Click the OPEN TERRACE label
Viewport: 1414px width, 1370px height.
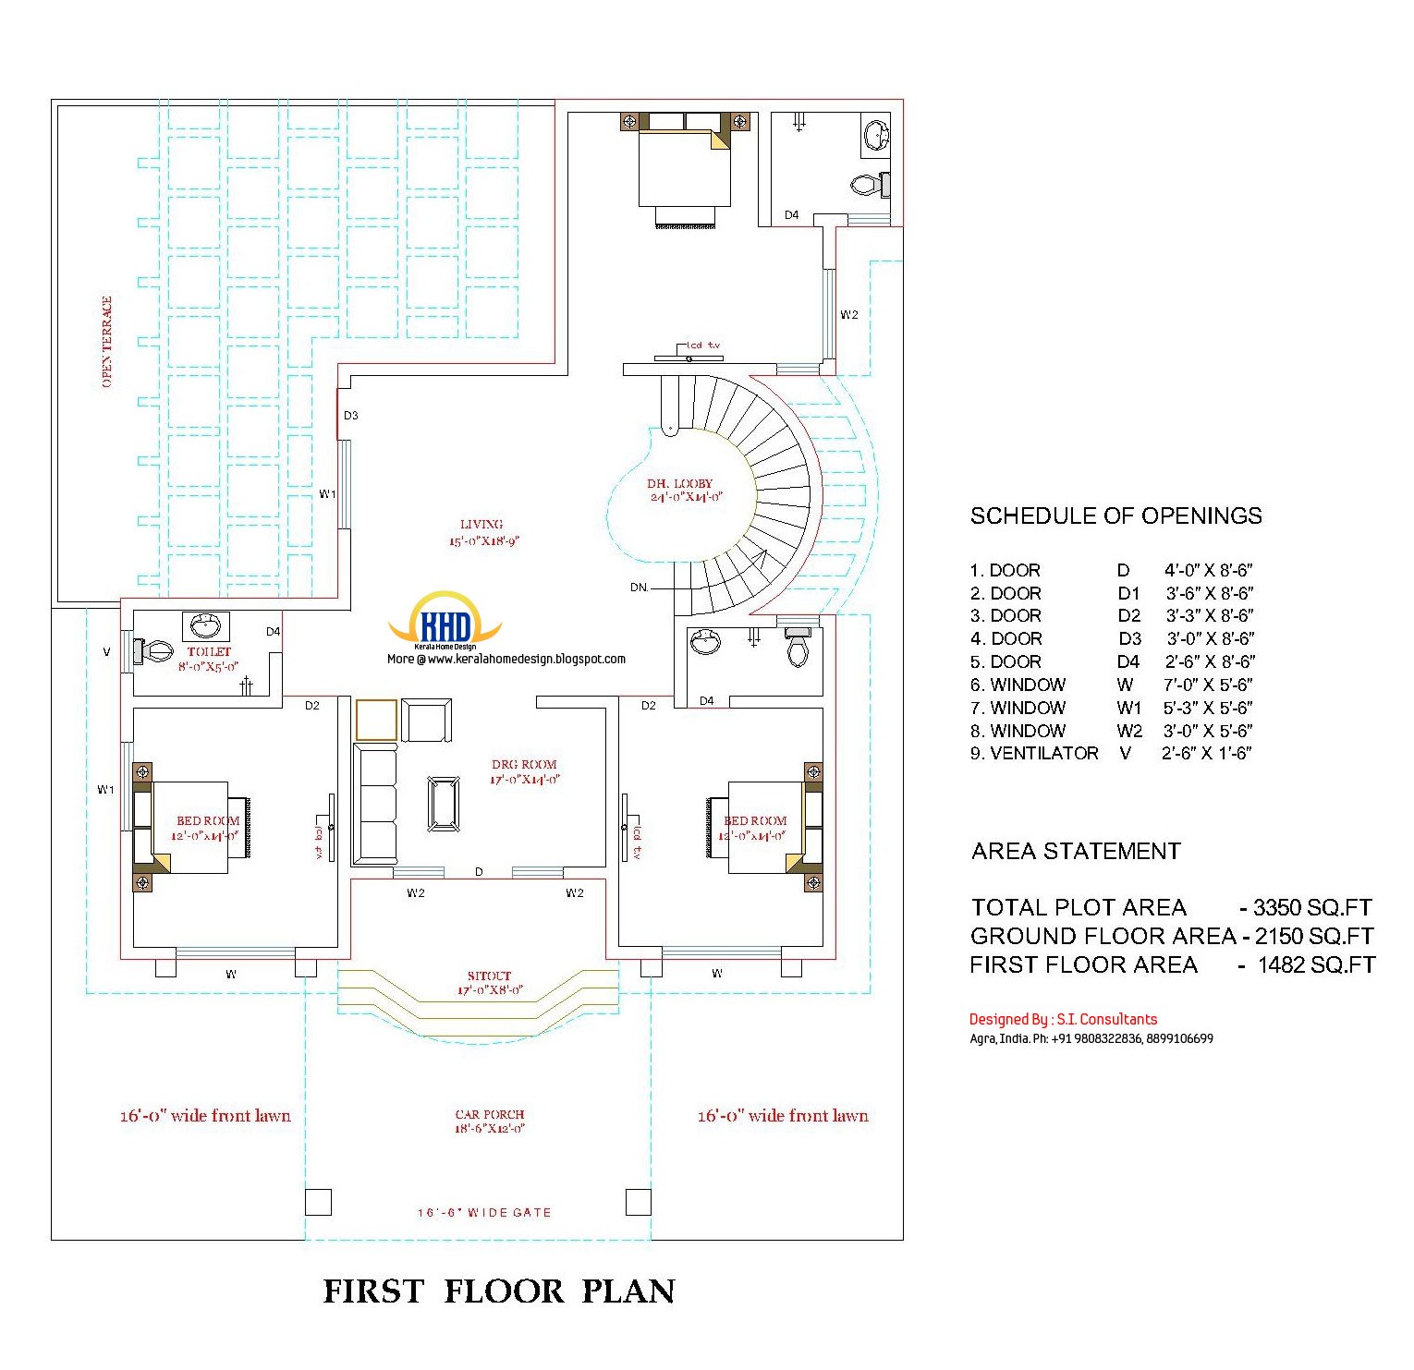click(107, 342)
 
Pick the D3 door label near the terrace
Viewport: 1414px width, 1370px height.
click(351, 416)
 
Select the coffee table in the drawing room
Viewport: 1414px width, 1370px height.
click(444, 804)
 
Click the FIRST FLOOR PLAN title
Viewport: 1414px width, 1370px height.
click(499, 1291)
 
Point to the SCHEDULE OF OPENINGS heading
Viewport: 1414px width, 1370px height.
click(1115, 515)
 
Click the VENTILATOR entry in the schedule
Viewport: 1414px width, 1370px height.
click(1044, 754)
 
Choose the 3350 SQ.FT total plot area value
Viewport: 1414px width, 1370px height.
click(1312, 907)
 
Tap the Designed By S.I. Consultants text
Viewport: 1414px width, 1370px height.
click(1063, 1019)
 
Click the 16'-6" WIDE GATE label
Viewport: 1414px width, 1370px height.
click(484, 1212)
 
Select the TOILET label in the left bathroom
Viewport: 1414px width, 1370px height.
click(209, 652)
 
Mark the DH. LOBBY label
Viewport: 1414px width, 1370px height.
click(680, 484)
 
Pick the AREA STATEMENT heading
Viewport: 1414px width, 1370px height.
click(1076, 851)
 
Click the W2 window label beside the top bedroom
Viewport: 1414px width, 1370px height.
click(849, 315)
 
